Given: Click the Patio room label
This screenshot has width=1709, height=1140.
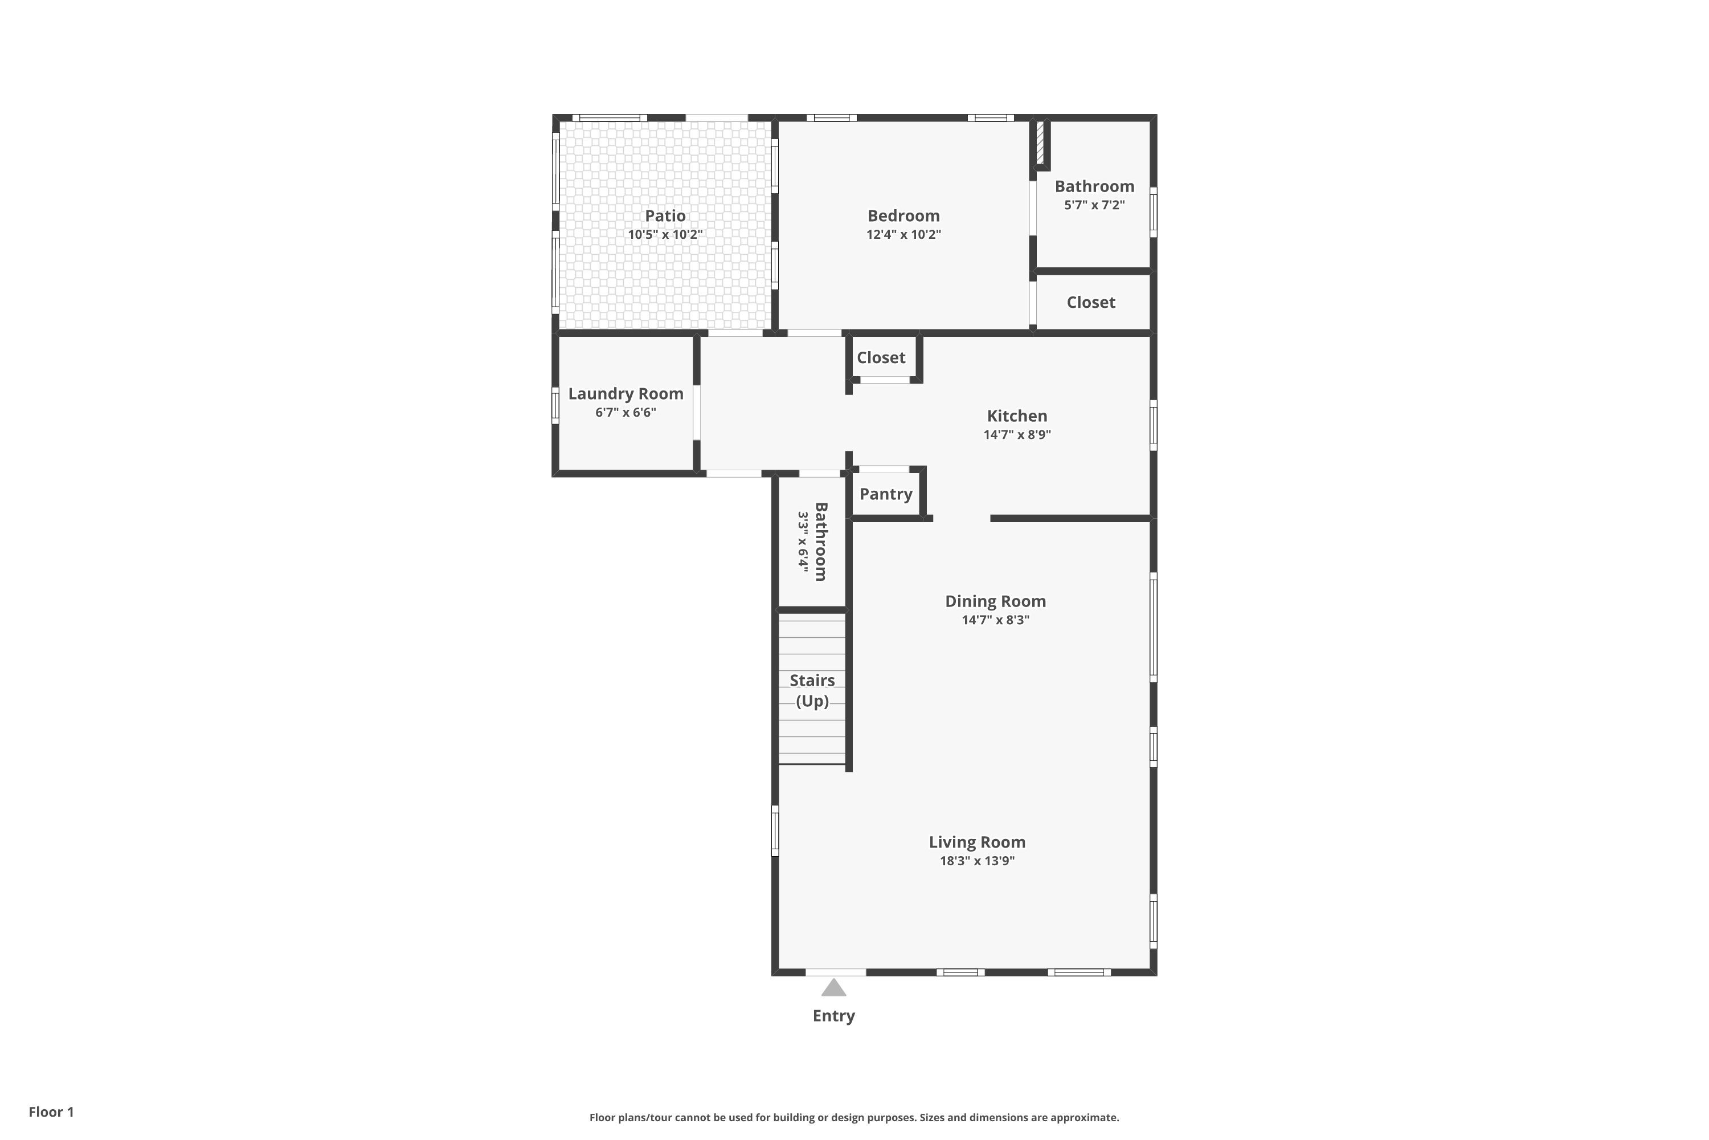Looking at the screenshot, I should (665, 216).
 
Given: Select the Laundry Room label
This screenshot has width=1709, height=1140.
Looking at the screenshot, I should (625, 394).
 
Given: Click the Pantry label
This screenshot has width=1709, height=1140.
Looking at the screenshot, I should (886, 494).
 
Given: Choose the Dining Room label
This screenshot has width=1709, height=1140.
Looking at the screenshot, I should (995, 601).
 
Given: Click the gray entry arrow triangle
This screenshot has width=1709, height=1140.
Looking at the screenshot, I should (833, 987).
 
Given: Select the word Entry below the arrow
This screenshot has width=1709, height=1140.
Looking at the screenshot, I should (833, 1016).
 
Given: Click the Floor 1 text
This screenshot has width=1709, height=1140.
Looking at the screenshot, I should (51, 1111).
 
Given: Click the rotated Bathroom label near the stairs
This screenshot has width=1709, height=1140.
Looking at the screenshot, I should (820, 541).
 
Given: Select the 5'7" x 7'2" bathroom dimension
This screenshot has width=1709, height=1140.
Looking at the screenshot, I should (1094, 205).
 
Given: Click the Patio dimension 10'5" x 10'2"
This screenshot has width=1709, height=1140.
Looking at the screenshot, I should (665, 235).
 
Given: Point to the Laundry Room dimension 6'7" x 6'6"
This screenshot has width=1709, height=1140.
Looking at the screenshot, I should (625, 413).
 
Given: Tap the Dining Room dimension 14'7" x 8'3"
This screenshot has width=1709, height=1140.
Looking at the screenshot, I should (995, 620).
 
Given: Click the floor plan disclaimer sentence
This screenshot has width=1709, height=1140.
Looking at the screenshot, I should (854, 1117).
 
